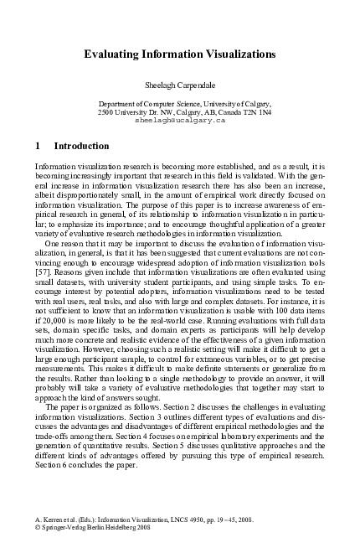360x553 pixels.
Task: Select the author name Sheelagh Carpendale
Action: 180,85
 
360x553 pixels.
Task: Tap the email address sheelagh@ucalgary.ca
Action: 180,120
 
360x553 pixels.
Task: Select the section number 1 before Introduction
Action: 38,146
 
